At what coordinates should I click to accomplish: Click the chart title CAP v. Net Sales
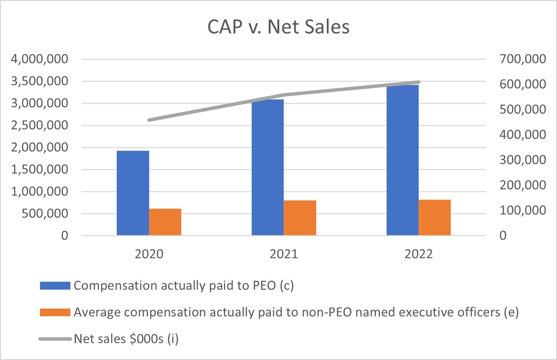tap(278, 27)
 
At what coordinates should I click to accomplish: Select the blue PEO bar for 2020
tap(133, 193)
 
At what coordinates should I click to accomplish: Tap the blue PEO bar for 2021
tap(267, 167)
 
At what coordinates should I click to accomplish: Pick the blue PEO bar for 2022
tap(403, 160)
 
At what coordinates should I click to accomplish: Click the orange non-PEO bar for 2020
tap(165, 222)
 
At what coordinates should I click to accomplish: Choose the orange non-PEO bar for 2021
tap(300, 218)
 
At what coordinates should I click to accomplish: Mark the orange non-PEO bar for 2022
tap(434, 217)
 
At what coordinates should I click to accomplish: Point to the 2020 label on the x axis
tap(149, 254)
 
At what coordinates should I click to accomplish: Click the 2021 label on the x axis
tap(284, 254)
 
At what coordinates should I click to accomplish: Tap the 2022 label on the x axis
tap(419, 254)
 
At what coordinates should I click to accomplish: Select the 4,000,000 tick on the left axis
tap(39, 59)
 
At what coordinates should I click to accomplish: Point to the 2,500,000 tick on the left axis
tap(39, 125)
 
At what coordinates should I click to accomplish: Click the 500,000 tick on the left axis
tap(45, 213)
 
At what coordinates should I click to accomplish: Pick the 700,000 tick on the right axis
tap(523, 59)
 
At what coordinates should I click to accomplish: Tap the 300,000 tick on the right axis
tap(523, 160)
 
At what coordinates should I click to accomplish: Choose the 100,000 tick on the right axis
tap(523, 210)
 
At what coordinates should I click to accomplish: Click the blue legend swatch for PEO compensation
tap(55, 286)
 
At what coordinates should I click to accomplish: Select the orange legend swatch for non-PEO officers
tap(55, 312)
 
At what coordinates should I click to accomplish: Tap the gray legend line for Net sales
tap(55, 339)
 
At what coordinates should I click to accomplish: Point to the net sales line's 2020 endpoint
tap(149, 120)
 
